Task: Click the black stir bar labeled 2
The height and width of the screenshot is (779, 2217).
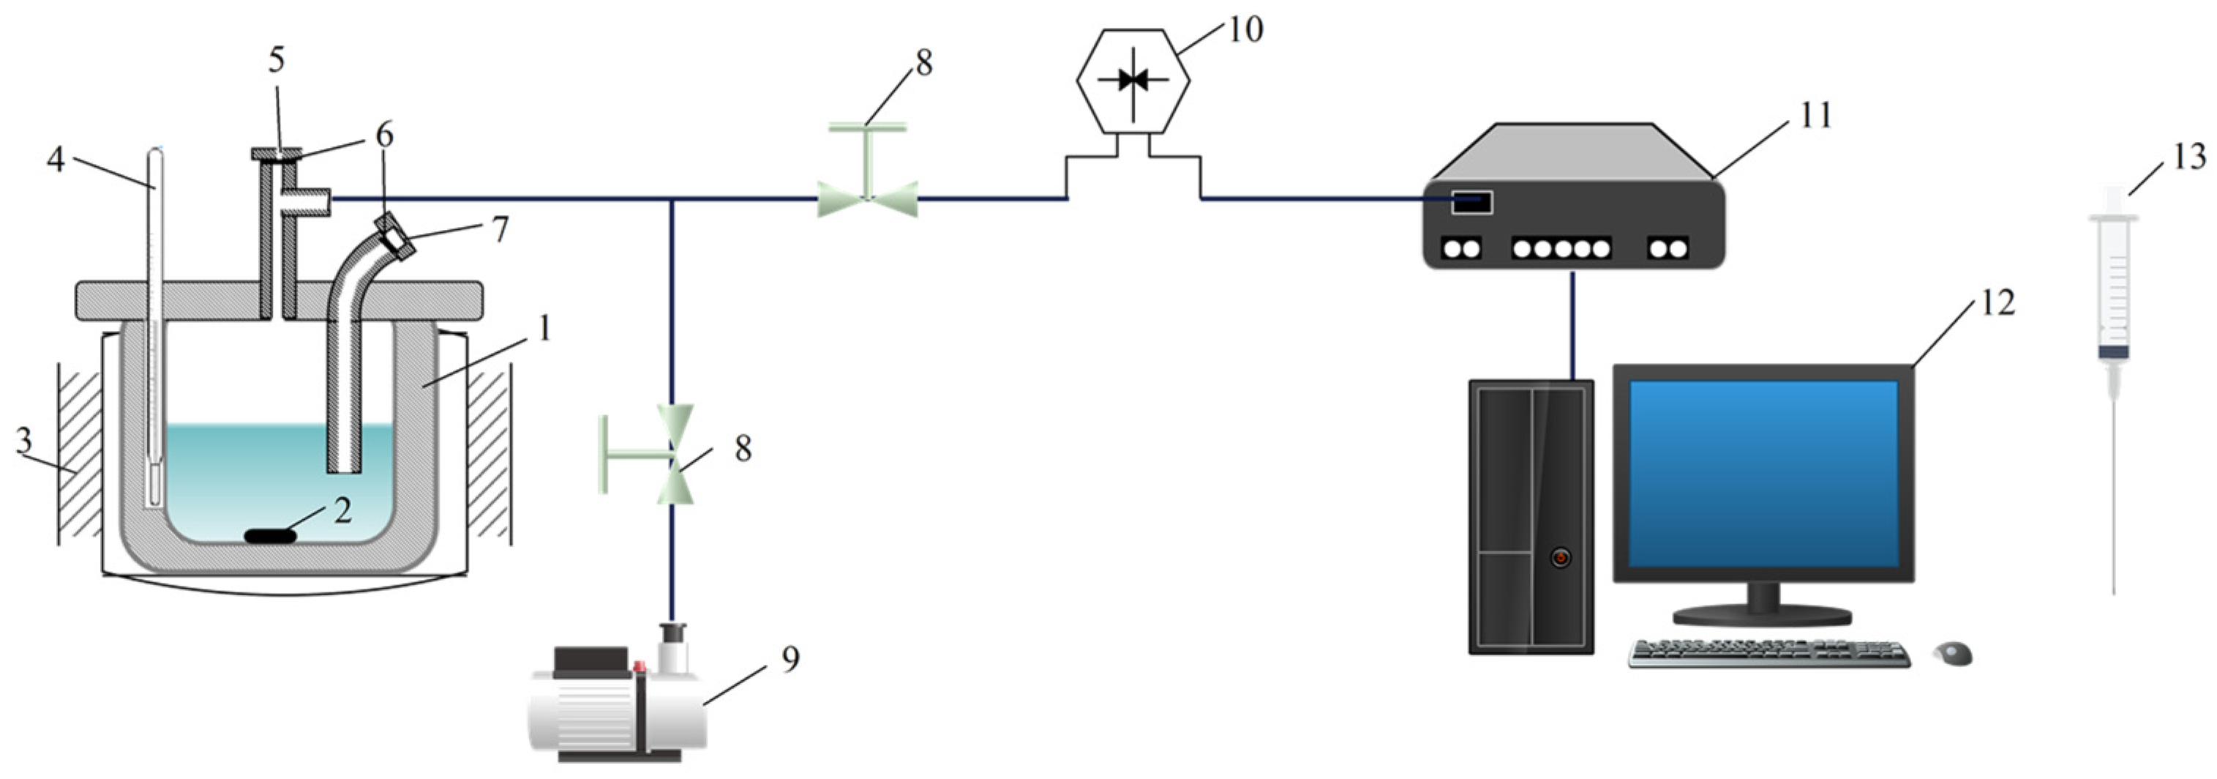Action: [270, 536]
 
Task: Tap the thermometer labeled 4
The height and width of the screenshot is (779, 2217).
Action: [155, 327]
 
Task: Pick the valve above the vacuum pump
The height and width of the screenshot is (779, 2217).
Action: [674, 454]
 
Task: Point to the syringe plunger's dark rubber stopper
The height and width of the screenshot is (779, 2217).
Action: [2113, 352]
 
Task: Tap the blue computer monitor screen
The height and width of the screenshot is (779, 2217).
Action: [1763, 474]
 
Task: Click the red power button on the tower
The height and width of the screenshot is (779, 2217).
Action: [1561, 558]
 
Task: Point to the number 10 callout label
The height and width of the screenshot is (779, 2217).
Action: [1245, 29]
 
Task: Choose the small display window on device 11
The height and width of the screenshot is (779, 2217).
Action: [1471, 202]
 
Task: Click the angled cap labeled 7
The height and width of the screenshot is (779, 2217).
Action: [396, 235]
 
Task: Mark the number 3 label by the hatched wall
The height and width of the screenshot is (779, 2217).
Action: [24, 441]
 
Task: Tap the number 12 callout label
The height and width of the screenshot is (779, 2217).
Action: [1997, 303]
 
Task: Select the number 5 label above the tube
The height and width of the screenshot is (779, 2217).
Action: [277, 60]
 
